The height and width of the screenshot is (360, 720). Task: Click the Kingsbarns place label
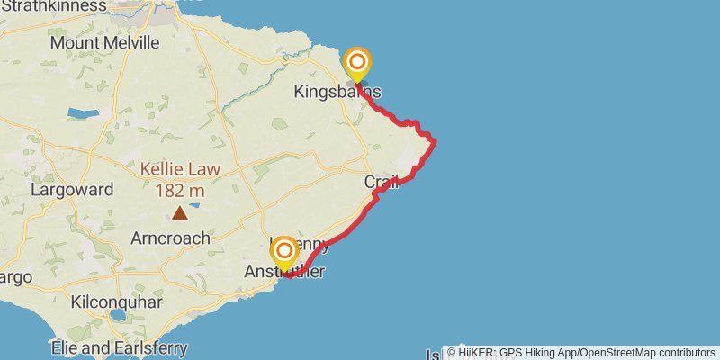(337, 92)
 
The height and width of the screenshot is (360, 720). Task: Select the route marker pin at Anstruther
(284, 252)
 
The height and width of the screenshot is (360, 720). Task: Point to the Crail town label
(381, 183)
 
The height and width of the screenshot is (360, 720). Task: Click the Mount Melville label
(104, 42)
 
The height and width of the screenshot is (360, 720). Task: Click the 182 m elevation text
(180, 190)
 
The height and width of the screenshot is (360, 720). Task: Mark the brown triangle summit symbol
(180, 212)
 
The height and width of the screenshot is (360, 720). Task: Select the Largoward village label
(72, 190)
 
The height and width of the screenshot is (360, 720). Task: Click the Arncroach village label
(170, 238)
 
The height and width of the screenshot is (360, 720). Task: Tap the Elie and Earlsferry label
(119, 347)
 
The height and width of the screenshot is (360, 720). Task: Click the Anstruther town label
(285, 272)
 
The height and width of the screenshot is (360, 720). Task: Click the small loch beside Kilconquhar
(118, 317)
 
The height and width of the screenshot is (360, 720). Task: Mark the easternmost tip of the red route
(436, 141)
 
